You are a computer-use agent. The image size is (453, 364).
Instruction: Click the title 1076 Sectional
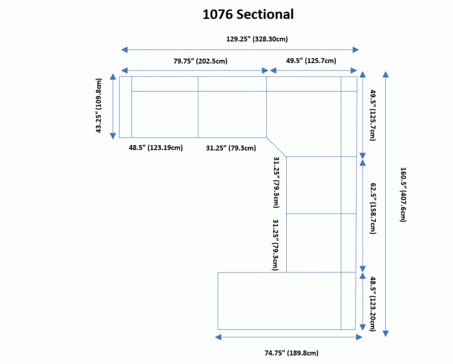tap(248, 14)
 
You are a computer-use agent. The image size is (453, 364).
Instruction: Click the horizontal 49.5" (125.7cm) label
tap(311, 61)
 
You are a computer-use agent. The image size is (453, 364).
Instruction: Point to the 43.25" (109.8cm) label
tap(100, 106)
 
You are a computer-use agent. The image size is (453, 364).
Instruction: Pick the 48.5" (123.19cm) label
tap(155, 148)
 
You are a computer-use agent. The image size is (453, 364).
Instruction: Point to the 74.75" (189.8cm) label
tap(291, 353)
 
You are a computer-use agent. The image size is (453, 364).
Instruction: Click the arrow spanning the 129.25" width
tap(240, 50)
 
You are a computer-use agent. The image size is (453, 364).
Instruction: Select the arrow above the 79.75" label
tap(193, 71)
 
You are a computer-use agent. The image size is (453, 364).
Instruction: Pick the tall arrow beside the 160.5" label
tap(386, 204)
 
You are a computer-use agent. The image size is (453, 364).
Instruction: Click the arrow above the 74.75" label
tap(289, 337)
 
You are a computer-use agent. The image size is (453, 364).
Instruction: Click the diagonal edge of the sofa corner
tap(277, 147)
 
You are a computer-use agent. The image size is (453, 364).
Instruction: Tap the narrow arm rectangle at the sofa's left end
tap(125, 107)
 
